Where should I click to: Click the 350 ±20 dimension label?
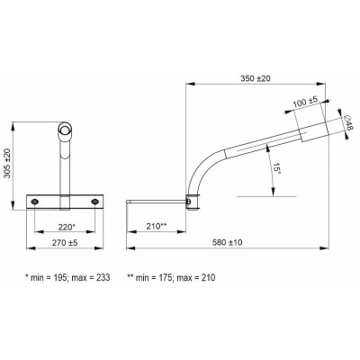[x=256, y=78]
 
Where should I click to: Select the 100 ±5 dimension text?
[x=305, y=103]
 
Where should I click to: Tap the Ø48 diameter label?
[x=348, y=122]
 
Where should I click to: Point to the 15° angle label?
[x=276, y=170]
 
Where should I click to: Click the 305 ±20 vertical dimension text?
[x=7, y=163]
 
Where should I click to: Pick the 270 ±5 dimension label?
[x=65, y=243]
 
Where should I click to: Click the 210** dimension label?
[x=157, y=227]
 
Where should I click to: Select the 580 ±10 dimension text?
[x=227, y=242]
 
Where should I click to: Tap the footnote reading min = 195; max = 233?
[x=67, y=277]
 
